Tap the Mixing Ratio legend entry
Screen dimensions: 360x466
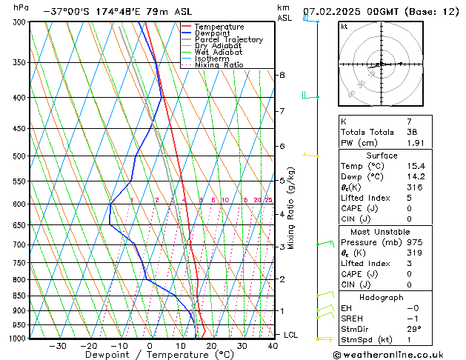219,65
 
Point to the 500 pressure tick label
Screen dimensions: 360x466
19,156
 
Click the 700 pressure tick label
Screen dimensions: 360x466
19,244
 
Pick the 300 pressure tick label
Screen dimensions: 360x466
19,22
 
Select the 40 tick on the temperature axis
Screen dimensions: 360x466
273,345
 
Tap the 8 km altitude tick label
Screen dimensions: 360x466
282,76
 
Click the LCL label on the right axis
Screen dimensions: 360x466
291,335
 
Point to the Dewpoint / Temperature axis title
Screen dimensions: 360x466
150,355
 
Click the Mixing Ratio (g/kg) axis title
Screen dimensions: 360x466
292,207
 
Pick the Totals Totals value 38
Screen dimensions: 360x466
412,132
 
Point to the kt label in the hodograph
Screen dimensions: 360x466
344,27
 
